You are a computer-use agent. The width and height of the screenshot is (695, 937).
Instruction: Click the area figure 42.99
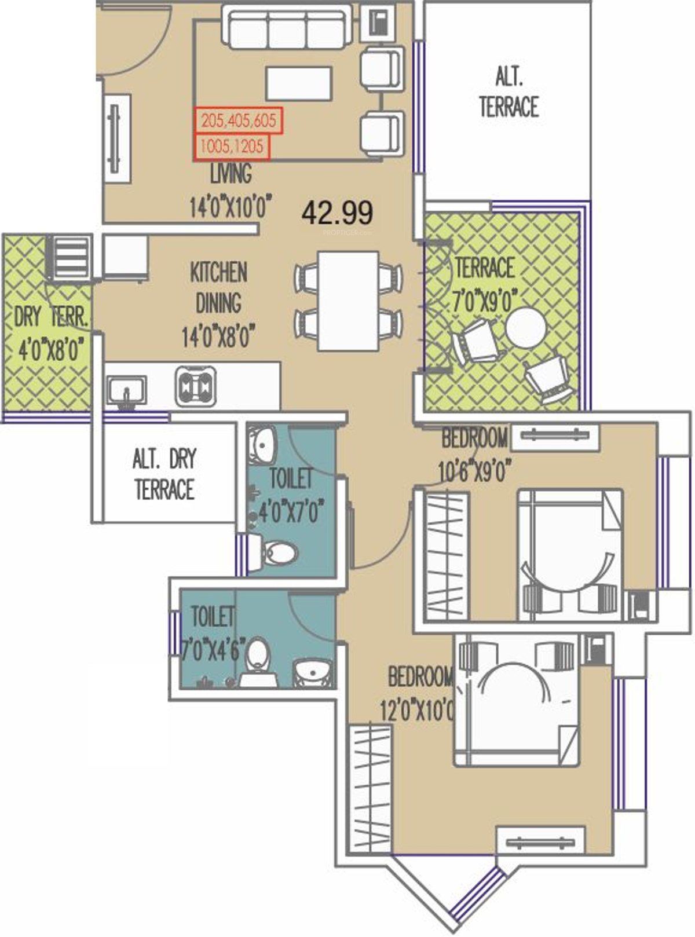point(337,213)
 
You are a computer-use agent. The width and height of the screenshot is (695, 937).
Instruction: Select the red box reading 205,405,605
point(238,121)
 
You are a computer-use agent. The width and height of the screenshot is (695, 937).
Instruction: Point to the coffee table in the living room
point(299,83)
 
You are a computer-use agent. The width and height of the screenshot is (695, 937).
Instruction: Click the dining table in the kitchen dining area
point(348,301)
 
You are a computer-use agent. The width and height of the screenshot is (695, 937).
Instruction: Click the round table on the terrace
point(526,328)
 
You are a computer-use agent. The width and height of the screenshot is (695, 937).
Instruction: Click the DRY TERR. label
point(51,316)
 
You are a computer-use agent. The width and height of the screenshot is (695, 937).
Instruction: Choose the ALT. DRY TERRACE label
point(164,474)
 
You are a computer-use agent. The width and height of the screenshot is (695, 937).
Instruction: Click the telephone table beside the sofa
point(380,23)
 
